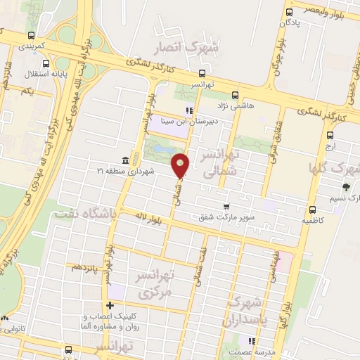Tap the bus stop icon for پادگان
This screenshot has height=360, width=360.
289,12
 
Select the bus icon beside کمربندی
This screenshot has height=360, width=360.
31,35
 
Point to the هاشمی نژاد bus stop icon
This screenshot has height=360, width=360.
235,94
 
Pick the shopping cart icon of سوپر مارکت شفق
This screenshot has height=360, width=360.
226,207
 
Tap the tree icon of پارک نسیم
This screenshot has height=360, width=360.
346,187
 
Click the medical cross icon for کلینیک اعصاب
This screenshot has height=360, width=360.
110,305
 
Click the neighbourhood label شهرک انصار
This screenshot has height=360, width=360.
188,48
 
